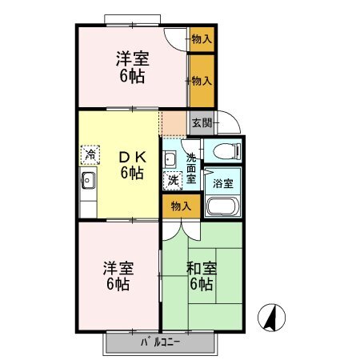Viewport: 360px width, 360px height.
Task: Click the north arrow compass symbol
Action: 271,318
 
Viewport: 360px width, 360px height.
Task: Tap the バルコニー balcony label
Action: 160,342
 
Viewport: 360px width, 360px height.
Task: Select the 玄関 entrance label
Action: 202,123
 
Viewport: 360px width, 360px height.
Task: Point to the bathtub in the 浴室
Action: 222,206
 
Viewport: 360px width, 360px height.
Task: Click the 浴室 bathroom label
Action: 223,183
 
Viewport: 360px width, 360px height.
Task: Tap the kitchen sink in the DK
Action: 88,180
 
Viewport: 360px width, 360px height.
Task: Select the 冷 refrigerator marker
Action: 90,155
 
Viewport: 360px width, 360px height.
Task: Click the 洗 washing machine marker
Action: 173,181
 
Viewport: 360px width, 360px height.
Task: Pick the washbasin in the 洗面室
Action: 170,159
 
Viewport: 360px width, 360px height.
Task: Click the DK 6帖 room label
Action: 132,165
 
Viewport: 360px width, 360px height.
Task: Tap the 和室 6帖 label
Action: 202,276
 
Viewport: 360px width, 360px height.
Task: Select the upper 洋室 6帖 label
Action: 133,67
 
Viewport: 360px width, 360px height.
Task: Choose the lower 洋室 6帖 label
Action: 118,276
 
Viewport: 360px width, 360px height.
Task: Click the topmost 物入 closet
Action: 202,39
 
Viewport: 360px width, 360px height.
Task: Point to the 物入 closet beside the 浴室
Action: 182,206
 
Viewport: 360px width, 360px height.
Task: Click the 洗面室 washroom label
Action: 191,169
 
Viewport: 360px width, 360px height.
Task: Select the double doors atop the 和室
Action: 182,230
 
